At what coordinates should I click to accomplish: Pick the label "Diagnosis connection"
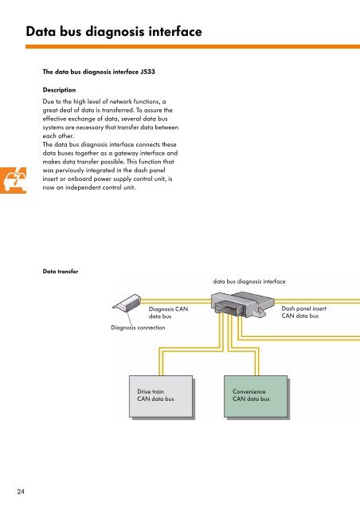tap(138, 328)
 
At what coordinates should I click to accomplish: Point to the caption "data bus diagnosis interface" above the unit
tap(255, 281)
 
